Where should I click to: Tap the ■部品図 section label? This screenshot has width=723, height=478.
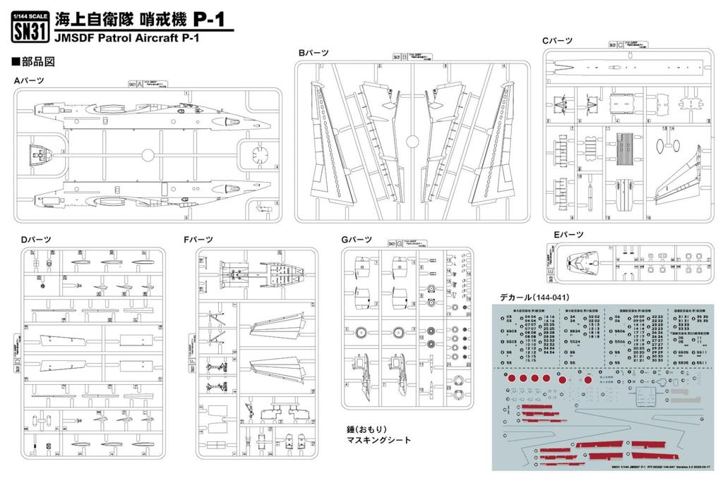pyautogui.click(x=34, y=62)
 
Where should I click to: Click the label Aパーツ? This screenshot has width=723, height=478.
pyautogui.click(x=29, y=81)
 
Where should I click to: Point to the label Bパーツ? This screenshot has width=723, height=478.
pyautogui.click(x=313, y=53)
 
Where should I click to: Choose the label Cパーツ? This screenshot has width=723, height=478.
pyautogui.click(x=557, y=42)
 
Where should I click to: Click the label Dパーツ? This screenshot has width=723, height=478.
pyautogui.click(x=35, y=240)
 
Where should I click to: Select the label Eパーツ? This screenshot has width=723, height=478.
pyautogui.click(x=568, y=234)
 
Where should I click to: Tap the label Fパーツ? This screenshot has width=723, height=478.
pyautogui.click(x=197, y=240)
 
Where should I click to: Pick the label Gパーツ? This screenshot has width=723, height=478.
pyautogui.click(x=356, y=240)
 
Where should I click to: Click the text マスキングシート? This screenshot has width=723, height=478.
pyautogui.click(x=378, y=440)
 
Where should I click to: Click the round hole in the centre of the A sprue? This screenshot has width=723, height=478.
pyautogui.click(x=148, y=156)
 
